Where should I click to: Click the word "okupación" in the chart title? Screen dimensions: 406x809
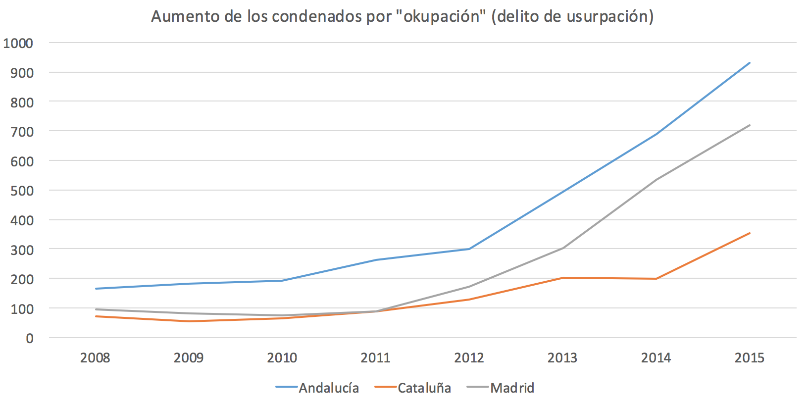click(x=442, y=16)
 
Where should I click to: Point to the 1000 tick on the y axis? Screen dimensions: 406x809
click(x=18, y=43)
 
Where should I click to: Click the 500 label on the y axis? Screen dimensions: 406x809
click(x=22, y=191)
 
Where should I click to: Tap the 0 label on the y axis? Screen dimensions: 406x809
click(x=30, y=338)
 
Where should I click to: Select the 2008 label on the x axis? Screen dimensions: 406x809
click(x=95, y=357)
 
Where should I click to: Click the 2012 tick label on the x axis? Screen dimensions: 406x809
click(x=469, y=357)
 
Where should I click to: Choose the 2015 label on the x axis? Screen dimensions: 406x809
click(x=749, y=357)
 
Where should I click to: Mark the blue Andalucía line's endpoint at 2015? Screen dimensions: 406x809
click(x=750, y=63)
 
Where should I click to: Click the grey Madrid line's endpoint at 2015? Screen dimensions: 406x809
click(x=750, y=125)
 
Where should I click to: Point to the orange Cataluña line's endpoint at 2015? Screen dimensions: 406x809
click(x=750, y=233)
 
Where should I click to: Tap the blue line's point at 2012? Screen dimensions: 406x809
click(x=469, y=249)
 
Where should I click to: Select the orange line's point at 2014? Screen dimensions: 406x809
click(x=656, y=279)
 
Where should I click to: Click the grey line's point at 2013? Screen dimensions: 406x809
click(x=563, y=248)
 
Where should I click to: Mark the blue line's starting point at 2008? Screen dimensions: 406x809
click(x=96, y=289)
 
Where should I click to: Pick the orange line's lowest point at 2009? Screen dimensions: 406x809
click(x=189, y=321)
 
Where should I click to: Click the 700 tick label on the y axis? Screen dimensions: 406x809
click(x=22, y=132)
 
